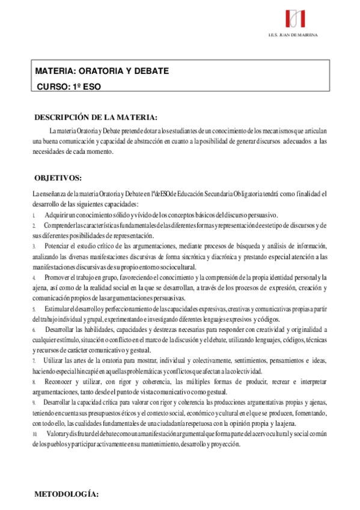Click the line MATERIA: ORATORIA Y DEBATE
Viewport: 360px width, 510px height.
point(102,71)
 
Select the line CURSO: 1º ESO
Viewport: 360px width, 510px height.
point(70,86)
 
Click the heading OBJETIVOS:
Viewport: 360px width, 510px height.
point(58,178)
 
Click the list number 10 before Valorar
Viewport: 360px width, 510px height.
point(34,434)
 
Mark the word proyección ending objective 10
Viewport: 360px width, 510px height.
point(223,444)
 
